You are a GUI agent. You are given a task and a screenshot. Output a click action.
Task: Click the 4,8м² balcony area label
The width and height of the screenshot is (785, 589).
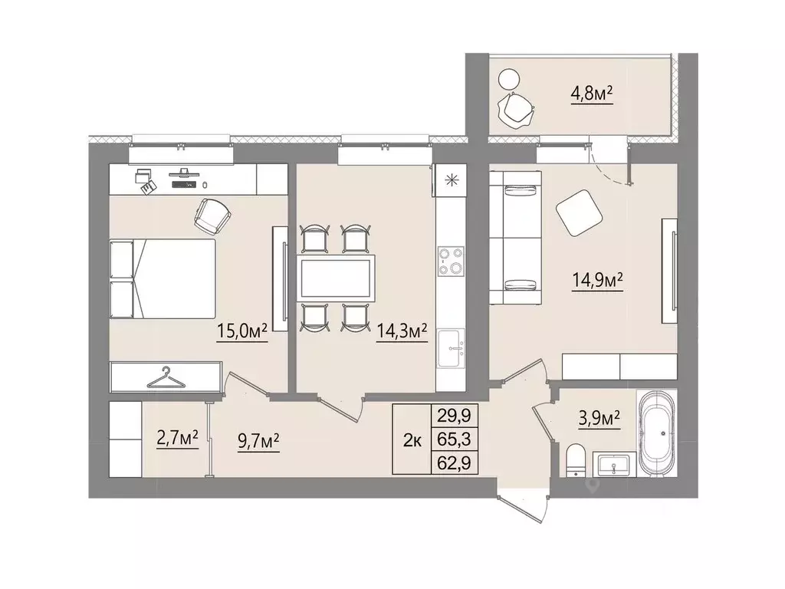tap(593, 93)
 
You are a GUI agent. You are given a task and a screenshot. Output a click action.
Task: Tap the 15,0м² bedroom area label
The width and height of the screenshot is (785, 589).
tap(241, 331)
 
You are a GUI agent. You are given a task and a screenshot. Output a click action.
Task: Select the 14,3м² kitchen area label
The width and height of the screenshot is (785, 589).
tap(402, 331)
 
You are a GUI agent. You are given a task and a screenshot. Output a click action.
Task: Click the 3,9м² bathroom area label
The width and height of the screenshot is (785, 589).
tap(599, 418)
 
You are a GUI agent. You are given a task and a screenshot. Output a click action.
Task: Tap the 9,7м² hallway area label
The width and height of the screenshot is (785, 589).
tap(258, 442)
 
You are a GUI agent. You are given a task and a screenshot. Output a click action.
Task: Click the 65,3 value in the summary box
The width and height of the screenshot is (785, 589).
tap(454, 439)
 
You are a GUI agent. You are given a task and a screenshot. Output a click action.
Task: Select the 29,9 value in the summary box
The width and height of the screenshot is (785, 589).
tap(454, 415)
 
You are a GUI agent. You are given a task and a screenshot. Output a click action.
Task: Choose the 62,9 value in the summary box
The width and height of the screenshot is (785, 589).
tap(454, 462)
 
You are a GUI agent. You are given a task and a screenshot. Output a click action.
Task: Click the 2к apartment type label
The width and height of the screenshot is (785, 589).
tap(412, 441)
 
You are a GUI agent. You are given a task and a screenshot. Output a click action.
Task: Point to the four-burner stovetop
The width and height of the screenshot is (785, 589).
tap(451, 262)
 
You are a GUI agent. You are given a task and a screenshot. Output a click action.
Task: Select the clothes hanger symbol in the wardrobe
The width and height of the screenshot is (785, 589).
tap(166, 378)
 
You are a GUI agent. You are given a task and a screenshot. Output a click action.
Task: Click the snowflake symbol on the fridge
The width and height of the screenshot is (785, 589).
tap(452, 180)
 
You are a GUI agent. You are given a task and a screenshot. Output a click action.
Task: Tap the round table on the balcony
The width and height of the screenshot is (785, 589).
tap(509, 79)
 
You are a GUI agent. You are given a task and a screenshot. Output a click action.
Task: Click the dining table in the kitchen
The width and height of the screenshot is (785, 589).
tap(336, 278)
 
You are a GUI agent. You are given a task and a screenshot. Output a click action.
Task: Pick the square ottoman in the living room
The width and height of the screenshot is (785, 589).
tap(579, 212)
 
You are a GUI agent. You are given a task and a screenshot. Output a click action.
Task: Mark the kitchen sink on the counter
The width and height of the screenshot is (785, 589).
tap(451, 348)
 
